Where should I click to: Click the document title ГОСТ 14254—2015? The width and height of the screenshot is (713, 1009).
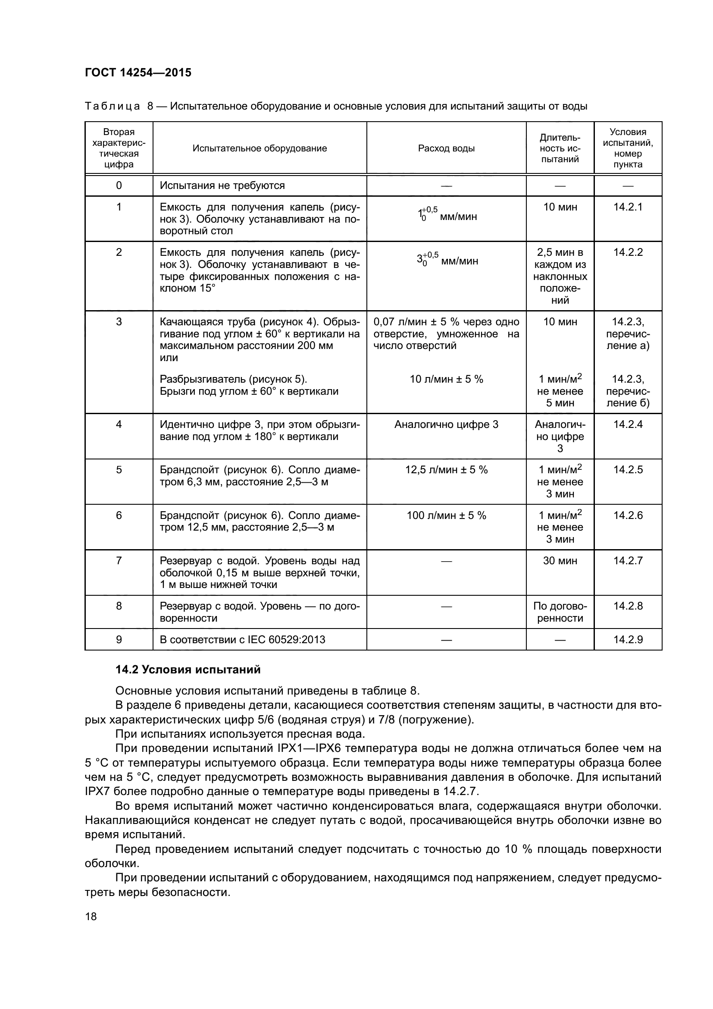(x=138, y=72)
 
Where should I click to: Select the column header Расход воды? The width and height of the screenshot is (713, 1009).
(x=446, y=148)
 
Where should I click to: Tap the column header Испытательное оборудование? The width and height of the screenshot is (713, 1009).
(x=260, y=148)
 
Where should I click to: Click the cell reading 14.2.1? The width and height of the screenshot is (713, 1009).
(x=627, y=207)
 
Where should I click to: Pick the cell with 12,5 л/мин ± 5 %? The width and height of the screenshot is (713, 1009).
(x=446, y=470)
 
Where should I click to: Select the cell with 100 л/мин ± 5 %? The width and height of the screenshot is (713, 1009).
(x=446, y=516)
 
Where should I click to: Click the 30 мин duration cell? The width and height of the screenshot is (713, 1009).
(x=560, y=561)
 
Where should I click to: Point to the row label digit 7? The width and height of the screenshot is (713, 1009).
(x=119, y=561)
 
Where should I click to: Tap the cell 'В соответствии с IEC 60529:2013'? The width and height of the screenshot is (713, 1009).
(x=242, y=639)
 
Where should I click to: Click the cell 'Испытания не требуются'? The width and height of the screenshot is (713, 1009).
(x=222, y=185)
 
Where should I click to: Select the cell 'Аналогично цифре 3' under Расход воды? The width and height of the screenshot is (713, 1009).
(x=446, y=424)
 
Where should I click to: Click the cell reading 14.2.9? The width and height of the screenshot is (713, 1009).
(x=627, y=639)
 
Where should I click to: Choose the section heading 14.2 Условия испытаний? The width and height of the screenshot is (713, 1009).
(x=188, y=670)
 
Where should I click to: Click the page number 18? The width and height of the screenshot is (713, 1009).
(x=91, y=916)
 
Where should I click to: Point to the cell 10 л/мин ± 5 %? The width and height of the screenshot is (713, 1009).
(x=446, y=379)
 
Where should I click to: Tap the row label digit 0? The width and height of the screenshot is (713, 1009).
(x=119, y=185)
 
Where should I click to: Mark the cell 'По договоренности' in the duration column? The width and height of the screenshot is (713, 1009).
(x=560, y=612)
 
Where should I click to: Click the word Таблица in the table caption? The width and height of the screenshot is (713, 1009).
(x=113, y=107)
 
